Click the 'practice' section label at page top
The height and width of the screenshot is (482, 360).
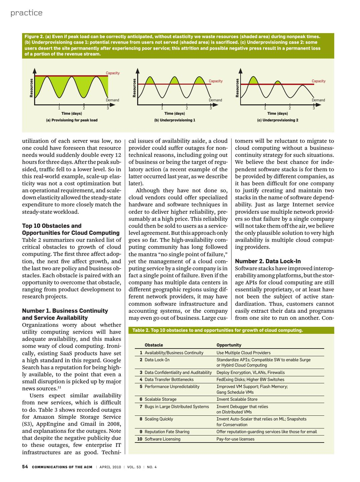pos(26,13)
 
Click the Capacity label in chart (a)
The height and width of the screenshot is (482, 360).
pos(112,73)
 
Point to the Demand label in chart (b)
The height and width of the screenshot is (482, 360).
pos(215,100)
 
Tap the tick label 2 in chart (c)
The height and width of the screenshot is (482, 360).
pos(290,108)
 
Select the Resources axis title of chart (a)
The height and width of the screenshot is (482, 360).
pos(31,88)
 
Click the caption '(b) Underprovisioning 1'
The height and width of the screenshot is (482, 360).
pos(175,120)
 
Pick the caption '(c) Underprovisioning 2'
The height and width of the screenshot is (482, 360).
pos(278,120)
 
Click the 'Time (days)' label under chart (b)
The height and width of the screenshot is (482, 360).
pos(175,114)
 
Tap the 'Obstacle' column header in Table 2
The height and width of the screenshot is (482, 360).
pos(154,345)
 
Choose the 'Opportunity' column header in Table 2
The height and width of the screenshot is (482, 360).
pos(229,345)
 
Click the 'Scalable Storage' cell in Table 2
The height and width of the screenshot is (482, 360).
pos(160,399)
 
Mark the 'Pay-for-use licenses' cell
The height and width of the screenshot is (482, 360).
pos(235,439)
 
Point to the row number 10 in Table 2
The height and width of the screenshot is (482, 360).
pos(140,439)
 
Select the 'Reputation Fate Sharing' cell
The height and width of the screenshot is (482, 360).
pos(167,431)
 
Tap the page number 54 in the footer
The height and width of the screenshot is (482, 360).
pos(25,467)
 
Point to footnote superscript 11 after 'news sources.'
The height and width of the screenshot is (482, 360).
pos(59,387)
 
